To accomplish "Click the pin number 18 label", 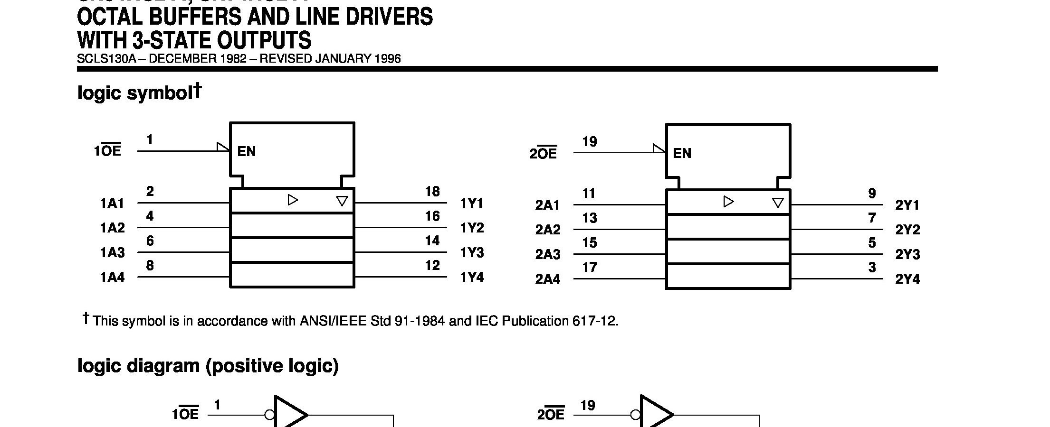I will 432,191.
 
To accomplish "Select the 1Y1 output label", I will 471,204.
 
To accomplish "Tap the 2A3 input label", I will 548,255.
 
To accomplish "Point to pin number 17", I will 589,268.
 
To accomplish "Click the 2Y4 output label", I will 907,279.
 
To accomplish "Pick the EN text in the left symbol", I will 246,151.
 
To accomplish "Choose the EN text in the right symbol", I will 682,153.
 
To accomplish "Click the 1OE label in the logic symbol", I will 108,151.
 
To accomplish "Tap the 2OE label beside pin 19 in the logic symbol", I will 544,153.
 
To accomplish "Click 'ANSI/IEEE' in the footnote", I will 333,321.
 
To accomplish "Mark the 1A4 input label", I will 112,278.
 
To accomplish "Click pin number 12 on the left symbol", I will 432,265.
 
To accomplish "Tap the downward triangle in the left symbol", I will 342,201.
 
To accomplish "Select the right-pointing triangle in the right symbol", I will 728,202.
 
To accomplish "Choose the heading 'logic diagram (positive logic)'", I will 208,366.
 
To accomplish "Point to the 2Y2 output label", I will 907,230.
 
